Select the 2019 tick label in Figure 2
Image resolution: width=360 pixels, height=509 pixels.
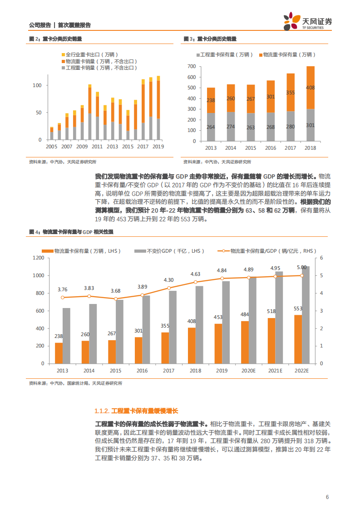tap(158, 147)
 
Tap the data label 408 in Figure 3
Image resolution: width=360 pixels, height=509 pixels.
tap(310, 88)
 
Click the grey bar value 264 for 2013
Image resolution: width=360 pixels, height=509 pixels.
tap(211, 127)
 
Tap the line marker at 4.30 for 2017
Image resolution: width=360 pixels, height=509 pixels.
tap(168, 288)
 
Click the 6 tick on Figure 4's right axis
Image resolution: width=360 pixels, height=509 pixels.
tap(321, 258)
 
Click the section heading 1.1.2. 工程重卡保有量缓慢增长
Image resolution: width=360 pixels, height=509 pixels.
tap(137, 411)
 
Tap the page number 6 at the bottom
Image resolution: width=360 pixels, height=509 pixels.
tap(327, 497)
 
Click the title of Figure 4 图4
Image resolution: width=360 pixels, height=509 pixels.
tap(70, 232)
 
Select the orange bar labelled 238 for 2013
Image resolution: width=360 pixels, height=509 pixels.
tap(59, 353)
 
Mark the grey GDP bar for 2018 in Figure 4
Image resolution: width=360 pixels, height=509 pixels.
tap(199, 324)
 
